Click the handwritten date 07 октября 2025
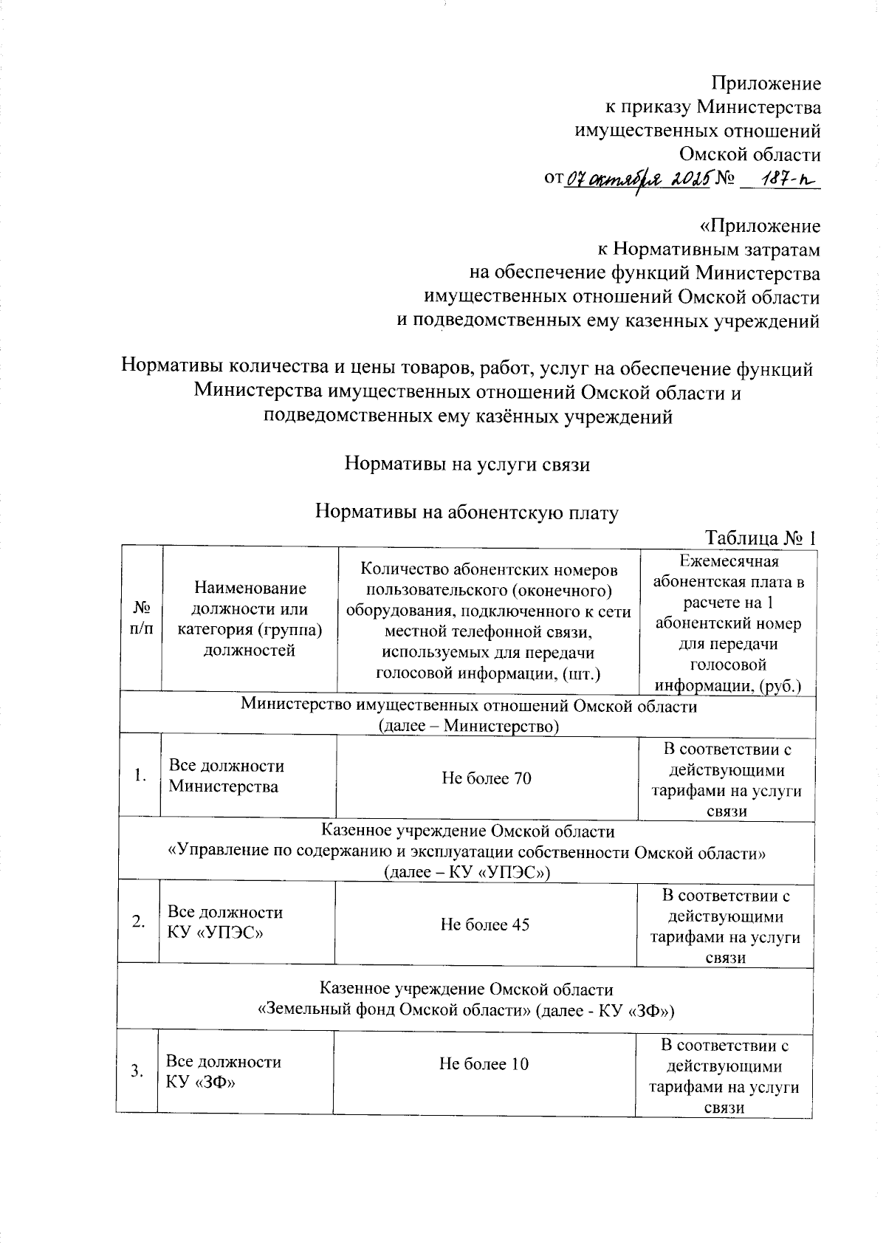point(639,179)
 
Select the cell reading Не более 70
point(486,778)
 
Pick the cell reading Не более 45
point(484,925)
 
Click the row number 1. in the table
point(140,775)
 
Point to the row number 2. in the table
point(139,922)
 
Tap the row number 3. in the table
point(137,1071)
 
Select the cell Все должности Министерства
point(226,776)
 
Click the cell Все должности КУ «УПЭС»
point(225,922)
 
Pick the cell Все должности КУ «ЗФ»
point(223,1071)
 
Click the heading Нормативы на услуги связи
point(467,464)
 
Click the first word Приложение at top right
point(766,83)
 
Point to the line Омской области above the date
point(749,154)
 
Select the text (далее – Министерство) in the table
point(468,726)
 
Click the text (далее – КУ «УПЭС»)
point(467,872)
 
